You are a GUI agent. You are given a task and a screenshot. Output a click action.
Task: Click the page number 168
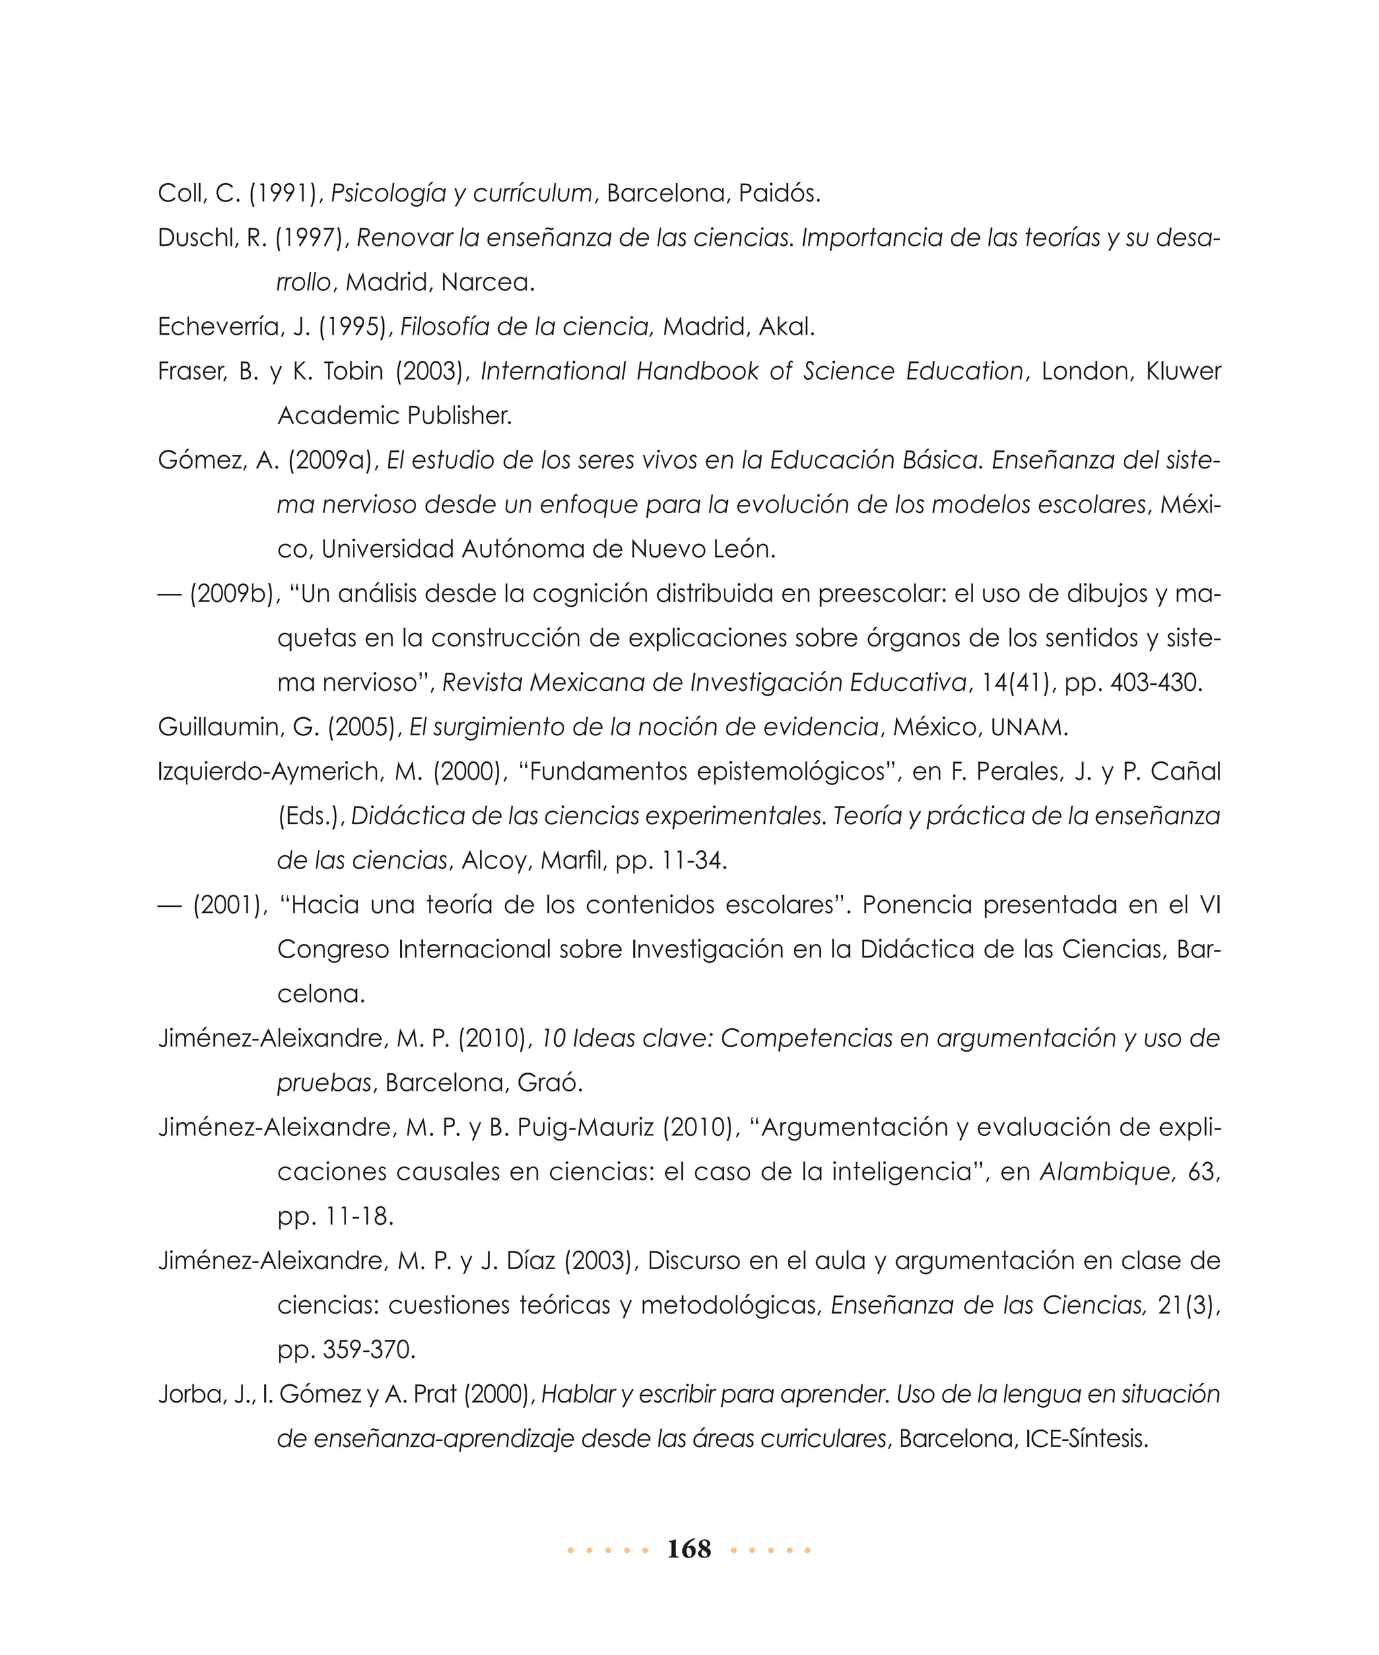click(x=688, y=1549)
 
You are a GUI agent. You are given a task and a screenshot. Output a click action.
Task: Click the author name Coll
click(x=180, y=193)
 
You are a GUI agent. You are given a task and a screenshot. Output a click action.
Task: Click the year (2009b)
click(x=234, y=593)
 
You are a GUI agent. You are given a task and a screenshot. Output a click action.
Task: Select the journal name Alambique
click(x=1106, y=1172)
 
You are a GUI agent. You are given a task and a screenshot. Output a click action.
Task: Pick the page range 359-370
click(x=368, y=1350)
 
